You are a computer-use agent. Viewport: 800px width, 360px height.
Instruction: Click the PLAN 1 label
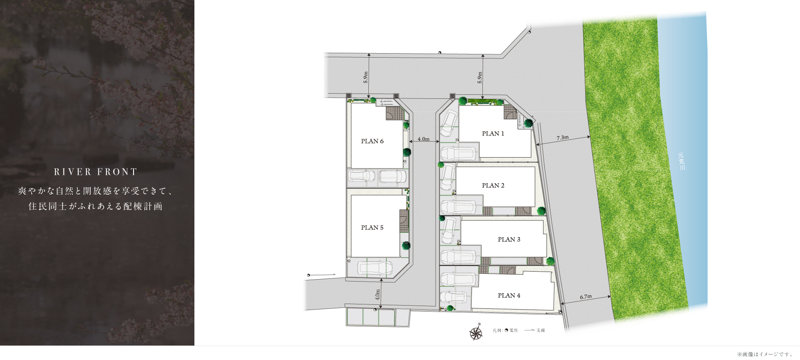[x=493, y=134]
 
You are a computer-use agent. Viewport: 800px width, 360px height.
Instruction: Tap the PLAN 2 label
[x=493, y=186]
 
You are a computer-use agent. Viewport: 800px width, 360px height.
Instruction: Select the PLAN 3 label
[x=509, y=240]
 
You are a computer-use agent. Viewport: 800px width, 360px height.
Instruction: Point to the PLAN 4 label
[x=509, y=296]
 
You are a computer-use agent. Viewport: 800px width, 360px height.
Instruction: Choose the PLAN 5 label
[x=372, y=228]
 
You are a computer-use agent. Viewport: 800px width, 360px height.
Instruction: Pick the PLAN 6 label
[x=372, y=141]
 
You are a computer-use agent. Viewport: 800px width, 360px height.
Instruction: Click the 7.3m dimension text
[x=562, y=138]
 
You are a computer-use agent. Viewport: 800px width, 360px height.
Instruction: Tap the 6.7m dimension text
[x=586, y=297]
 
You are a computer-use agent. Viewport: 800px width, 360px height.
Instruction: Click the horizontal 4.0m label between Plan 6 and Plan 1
[x=424, y=139]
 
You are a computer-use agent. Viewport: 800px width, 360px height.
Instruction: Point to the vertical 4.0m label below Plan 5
[x=378, y=295]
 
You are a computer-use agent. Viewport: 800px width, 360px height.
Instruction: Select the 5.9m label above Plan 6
[x=366, y=77]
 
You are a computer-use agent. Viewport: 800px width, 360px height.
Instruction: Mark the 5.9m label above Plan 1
[x=480, y=77]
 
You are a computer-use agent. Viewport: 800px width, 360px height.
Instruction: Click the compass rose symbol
[x=476, y=332]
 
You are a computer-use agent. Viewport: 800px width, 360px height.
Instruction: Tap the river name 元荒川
[x=681, y=161]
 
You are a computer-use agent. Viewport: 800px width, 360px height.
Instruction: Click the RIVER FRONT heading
[x=96, y=172]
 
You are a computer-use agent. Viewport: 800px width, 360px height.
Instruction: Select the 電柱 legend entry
[x=511, y=330]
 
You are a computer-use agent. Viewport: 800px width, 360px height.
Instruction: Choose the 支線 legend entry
[x=534, y=330]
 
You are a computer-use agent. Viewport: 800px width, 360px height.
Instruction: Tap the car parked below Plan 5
[x=375, y=268]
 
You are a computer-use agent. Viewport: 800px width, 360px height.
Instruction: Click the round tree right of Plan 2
[x=541, y=211]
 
